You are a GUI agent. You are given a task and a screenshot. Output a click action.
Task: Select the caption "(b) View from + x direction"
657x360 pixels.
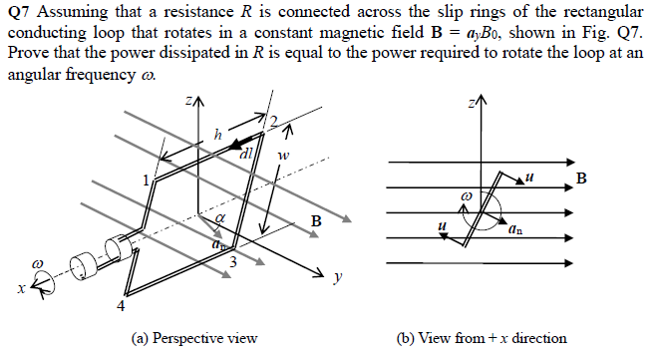pos(482,338)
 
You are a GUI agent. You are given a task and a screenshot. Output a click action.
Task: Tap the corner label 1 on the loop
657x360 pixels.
pos(147,180)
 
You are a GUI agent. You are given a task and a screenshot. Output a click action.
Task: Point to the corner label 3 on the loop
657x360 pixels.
pos(232,261)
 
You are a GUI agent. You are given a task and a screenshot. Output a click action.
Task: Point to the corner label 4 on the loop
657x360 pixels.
pos(123,305)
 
